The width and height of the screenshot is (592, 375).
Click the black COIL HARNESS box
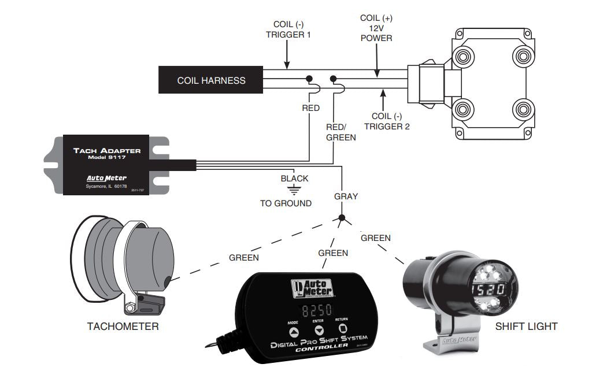tap(211, 80)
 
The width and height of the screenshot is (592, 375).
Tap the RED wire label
tap(310, 108)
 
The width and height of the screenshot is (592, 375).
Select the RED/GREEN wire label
tap(341, 132)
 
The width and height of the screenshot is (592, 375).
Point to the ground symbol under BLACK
tap(295, 189)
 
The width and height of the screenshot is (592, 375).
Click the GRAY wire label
tap(346, 196)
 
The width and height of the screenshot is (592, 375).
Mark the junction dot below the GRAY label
tap(342, 219)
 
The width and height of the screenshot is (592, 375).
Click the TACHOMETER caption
tap(123, 326)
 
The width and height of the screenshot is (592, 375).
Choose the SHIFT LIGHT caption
tap(526, 326)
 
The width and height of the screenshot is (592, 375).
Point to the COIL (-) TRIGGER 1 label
tap(288, 30)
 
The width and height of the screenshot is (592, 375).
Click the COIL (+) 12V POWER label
tap(376, 28)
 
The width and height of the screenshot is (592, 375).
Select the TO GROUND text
tap(286, 203)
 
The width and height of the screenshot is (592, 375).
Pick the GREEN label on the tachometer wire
tap(243, 258)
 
